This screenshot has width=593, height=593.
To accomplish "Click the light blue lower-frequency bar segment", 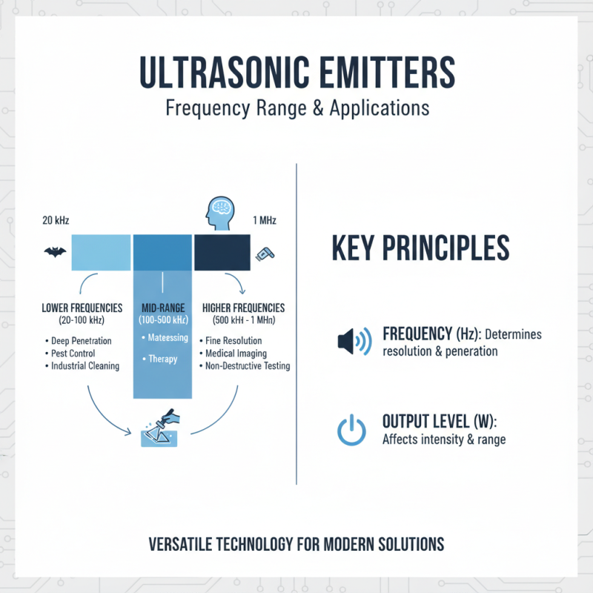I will [99, 252].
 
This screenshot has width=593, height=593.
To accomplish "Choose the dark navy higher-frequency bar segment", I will [222, 252].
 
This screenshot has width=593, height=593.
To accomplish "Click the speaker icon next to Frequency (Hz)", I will [353, 341].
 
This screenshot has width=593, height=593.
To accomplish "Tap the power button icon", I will [351, 431].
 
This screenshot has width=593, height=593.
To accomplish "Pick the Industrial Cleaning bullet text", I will [85, 366].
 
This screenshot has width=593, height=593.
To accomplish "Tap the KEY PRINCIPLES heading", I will [420, 248].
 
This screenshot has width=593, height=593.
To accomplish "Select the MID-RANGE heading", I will [162, 307].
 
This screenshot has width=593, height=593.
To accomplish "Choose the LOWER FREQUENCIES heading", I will [82, 308].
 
